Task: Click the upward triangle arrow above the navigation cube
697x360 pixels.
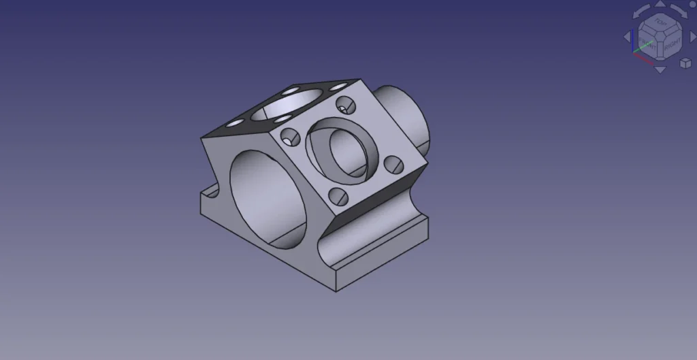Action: tap(660, 5)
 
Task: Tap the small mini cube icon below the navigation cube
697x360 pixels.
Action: tap(685, 63)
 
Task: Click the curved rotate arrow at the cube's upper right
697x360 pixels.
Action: tap(680, 12)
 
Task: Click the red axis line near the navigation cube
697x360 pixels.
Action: tap(643, 56)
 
